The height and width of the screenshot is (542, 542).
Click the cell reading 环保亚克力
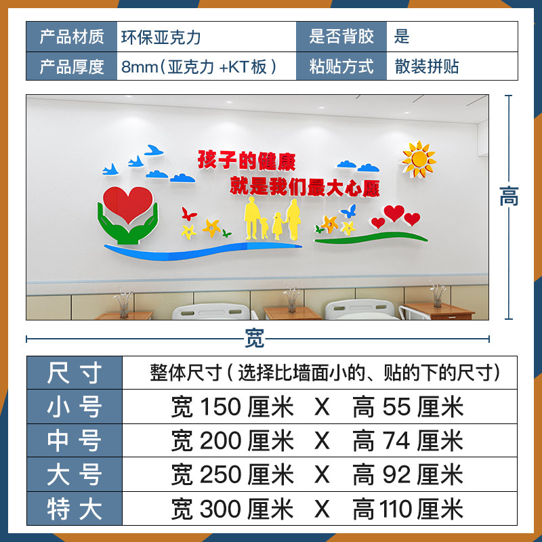click(161, 36)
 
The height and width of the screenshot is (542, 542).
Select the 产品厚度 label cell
click(71, 66)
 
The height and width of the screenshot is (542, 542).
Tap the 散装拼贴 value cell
click(428, 66)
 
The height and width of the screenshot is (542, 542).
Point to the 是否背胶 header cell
click(341, 36)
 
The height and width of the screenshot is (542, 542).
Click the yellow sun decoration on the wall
click(418, 159)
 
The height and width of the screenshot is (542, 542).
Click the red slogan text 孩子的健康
click(247, 160)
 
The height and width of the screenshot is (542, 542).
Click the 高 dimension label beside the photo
click(509, 196)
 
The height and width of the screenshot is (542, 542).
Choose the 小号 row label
click(74, 406)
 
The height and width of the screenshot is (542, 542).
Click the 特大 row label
click(74, 509)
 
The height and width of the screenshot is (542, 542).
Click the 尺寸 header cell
click(74, 372)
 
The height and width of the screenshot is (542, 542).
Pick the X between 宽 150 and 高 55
click(322, 407)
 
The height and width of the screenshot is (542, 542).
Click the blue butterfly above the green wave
click(349, 211)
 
